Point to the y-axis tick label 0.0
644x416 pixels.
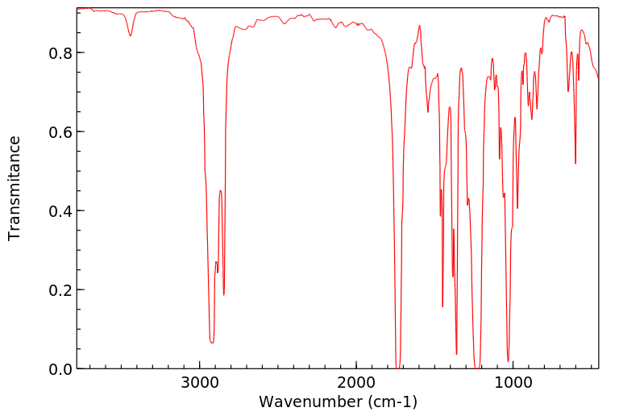[61, 369]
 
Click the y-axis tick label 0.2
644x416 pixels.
[61, 290]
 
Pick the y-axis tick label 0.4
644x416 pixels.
[61, 211]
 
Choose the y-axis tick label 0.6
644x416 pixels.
[61, 132]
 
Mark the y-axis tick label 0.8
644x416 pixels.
[61, 53]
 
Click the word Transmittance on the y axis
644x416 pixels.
[15, 188]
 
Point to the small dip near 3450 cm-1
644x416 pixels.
[131, 35]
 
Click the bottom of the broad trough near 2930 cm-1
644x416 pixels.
[212, 343]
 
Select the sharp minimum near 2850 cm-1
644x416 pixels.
[224, 294]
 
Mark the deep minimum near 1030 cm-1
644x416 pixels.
[508, 361]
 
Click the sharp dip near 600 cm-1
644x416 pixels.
[575, 164]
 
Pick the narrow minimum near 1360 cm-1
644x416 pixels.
[456, 354]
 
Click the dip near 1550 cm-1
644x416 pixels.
[428, 111]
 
